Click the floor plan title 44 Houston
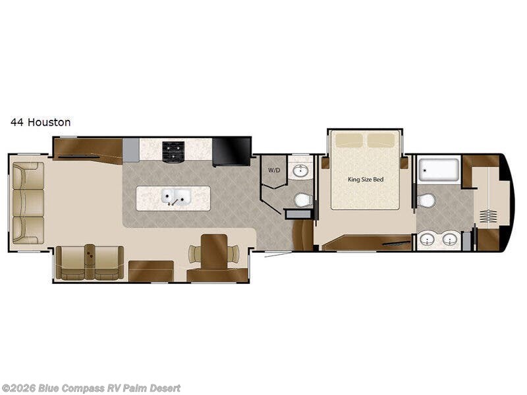click(40, 122)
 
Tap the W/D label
click(273, 169)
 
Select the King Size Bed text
click(365, 178)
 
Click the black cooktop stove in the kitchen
click(173, 152)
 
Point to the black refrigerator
click(231, 151)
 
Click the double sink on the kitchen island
click(176, 197)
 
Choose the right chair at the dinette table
click(234, 253)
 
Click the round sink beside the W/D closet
click(301, 171)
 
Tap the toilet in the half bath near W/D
click(302, 199)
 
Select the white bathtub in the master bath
click(440, 170)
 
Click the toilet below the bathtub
click(426, 200)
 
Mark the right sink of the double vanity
click(450, 240)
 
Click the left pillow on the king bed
click(350, 140)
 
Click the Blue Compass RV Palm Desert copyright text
click(91, 388)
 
